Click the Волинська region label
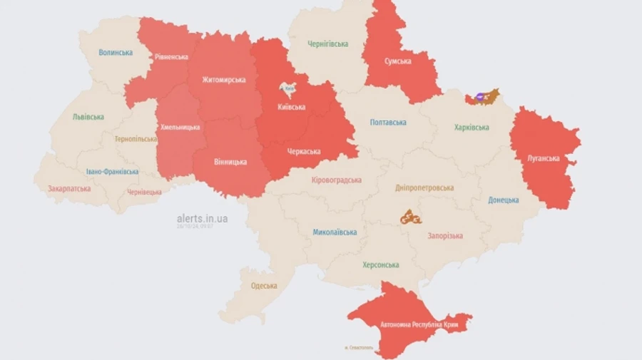(x=116, y=53)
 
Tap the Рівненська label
(x=171, y=57)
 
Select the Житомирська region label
(x=223, y=80)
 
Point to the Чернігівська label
(x=328, y=44)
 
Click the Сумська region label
(x=398, y=61)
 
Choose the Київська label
(x=291, y=107)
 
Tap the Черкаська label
(x=305, y=151)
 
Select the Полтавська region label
(x=388, y=123)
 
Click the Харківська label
(x=472, y=128)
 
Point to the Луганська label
(x=544, y=158)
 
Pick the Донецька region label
(x=504, y=200)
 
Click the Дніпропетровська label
(x=424, y=188)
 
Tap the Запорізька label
(x=444, y=236)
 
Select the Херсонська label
(x=379, y=265)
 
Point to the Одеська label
(x=264, y=286)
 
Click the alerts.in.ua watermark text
(x=203, y=218)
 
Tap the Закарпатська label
(x=69, y=190)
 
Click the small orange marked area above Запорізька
(x=410, y=217)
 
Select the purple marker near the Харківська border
(x=480, y=97)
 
